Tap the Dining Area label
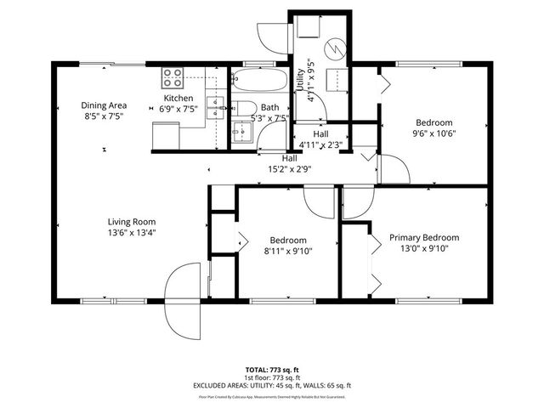(x=103, y=105)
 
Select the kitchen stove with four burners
(x=173, y=78)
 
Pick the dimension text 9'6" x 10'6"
(x=434, y=133)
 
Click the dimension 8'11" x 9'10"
(x=288, y=251)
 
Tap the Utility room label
(x=300, y=81)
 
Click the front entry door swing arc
(x=184, y=297)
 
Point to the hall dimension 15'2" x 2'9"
(x=290, y=168)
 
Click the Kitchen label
(x=178, y=99)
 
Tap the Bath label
(x=270, y=107)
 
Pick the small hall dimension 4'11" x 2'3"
(x=320, y=144)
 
